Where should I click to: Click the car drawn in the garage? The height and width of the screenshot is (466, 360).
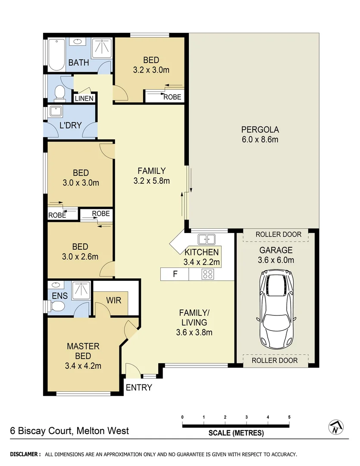pos(276,309)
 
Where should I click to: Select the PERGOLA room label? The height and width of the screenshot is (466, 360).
pos(260,129)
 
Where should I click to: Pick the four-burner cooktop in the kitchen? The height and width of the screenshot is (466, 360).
pos(208,274)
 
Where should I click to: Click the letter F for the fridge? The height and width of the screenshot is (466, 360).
pos(175,274)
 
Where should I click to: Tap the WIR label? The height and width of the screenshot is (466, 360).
pos(113,299)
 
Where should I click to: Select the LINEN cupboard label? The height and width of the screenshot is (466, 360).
pos(84,98)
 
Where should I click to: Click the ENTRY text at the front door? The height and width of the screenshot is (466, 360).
pos(139,387)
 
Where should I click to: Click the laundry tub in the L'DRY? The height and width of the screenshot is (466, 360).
pos(56,111)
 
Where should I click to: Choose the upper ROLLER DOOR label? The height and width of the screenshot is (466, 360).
pos(275,235)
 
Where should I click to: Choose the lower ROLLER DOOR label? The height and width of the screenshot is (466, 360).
pos(275,360)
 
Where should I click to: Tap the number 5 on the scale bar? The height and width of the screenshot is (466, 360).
pos(289,417)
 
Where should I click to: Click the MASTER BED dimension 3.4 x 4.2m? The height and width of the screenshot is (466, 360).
pos(83,366)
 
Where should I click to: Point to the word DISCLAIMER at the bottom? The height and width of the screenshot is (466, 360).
pos(25,454)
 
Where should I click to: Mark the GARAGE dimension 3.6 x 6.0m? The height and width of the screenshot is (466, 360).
pos(276,260)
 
